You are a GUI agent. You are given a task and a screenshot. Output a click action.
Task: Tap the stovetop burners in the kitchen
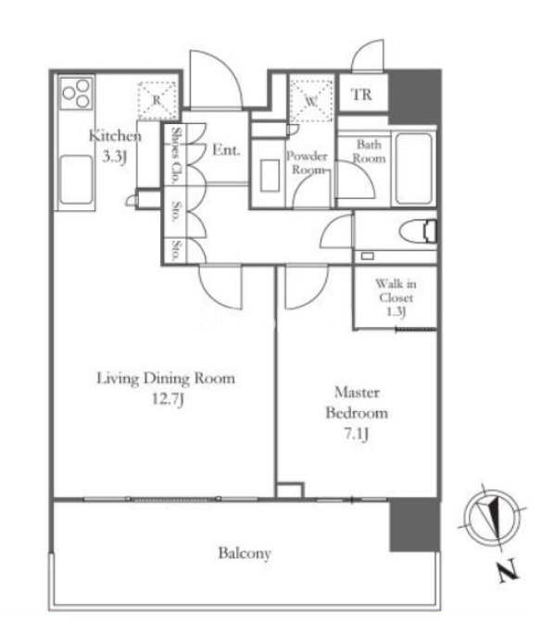[x=77, y=93]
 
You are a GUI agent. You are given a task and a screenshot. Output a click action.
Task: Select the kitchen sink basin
[x=76, y=180]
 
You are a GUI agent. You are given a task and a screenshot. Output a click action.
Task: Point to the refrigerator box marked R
[x=157, y=101]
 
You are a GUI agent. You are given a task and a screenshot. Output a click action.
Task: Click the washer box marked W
[x=310, y=101]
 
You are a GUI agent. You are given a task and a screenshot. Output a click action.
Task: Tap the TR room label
[x=361, y=94]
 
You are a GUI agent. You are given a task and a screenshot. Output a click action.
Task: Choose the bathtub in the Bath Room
[x=413, y=169]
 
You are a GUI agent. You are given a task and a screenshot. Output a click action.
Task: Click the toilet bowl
[x=418, y=232]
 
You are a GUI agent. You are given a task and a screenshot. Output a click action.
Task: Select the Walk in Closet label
[x=396, y=297]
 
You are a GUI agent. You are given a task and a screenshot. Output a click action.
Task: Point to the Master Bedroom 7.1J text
[x=357, y=413]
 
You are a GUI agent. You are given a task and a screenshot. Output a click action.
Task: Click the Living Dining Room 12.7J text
[x=166, y=387]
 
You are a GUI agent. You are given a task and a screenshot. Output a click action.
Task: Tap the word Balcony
[x=245, y=554]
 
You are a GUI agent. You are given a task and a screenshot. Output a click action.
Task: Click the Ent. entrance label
[x=226, y=150]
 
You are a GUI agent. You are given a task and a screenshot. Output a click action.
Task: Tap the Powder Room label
[x=308, y=162]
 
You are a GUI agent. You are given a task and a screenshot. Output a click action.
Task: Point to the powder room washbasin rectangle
[x=270, y=175]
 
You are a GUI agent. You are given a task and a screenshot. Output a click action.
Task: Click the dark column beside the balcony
[x=415, y=525]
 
